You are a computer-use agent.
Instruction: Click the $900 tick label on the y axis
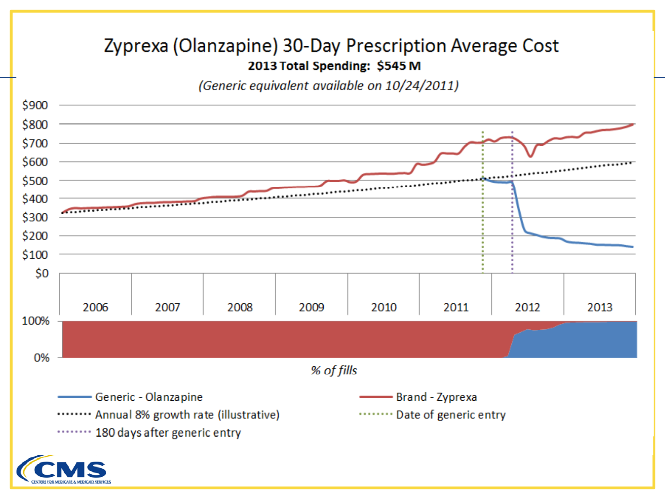(35, 105)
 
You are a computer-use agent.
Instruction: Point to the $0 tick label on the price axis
(42, 273)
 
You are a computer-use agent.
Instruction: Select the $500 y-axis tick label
(35, 181)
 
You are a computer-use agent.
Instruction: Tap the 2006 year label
(95, 307)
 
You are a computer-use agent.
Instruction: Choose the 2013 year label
(600, 307)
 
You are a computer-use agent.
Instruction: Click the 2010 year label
(384, 307)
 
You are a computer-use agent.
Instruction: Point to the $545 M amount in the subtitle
(398, 66)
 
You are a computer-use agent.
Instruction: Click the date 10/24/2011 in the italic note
(419, 86)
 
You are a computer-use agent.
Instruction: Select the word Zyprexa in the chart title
(136, 46)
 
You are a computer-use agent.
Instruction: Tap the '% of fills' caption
(334, 370)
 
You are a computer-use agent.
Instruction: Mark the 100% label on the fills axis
(36, 321)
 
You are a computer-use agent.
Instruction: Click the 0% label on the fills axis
(42, 358)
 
